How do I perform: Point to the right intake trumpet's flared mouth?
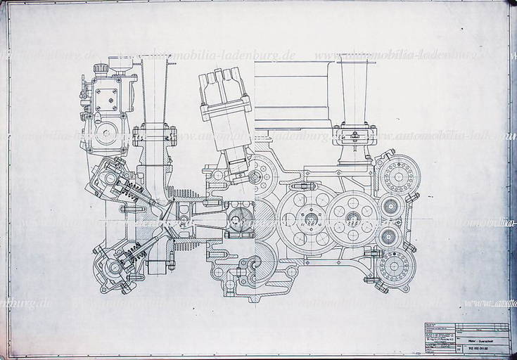coord(355,59)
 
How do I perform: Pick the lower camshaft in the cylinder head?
coord(113,266)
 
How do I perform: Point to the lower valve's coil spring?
coord(133,257)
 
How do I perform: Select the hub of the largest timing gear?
coord(309,219)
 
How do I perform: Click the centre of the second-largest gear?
coord(352,218)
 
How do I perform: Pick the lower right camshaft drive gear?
coord(395,266)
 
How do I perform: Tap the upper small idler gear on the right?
coord(390,206)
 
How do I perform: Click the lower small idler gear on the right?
coord(390,235)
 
